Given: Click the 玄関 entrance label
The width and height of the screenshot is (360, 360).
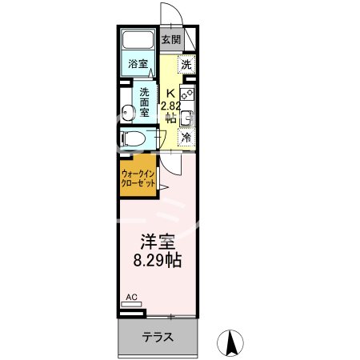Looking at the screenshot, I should click(x=170, y=39).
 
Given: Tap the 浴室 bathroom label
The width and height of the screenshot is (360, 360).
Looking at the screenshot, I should click(x=138, y=64).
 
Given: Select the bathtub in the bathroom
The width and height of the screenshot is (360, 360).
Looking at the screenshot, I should click(x=139, y=42).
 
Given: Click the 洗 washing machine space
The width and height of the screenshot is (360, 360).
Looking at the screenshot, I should click(x=186, y=65).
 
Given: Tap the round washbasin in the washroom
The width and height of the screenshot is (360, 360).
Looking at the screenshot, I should click(x=127, y=110).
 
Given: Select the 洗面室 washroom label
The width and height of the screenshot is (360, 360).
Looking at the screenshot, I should click(x=146, y=102).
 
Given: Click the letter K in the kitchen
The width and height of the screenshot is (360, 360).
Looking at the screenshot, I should click(x=169, y=90).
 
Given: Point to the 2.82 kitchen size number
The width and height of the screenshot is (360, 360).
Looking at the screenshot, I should click(x=170, y=105).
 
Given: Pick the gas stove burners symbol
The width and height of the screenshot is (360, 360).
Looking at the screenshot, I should click(x=186, y=94).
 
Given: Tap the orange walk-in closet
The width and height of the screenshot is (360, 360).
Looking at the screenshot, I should click(x=138, y=177).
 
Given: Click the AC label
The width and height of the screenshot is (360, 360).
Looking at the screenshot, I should click(x=132, y=298).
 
